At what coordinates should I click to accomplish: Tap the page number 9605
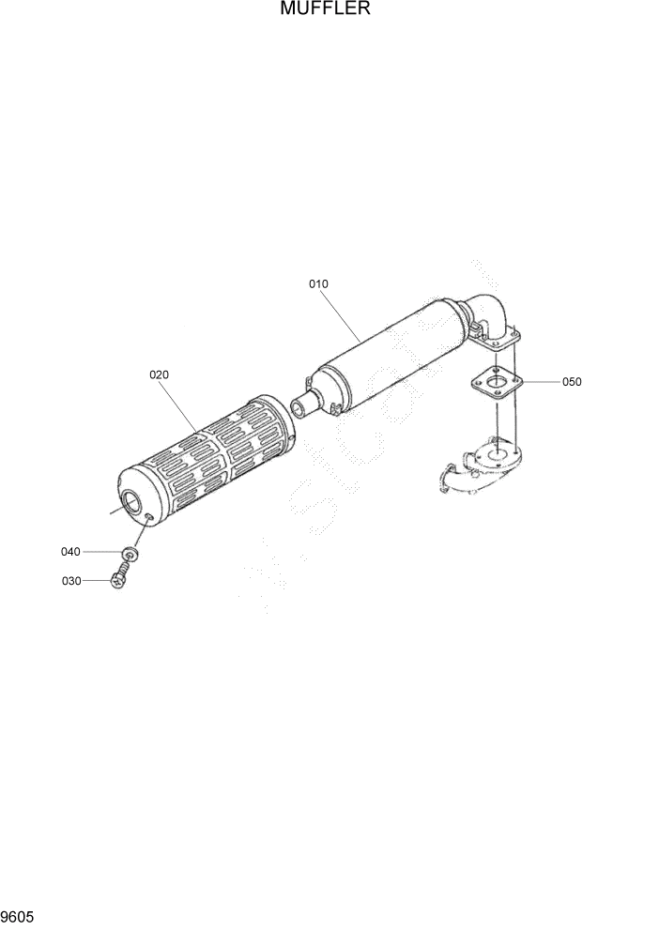17,914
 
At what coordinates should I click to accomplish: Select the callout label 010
318,283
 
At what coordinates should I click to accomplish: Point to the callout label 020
159,374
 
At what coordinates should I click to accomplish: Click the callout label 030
71,581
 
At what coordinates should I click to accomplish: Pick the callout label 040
71,552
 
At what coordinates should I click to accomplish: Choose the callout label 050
572,382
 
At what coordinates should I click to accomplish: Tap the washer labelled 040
130,555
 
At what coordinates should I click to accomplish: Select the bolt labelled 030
119,580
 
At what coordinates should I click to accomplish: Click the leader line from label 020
180,405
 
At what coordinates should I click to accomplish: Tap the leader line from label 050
539,382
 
